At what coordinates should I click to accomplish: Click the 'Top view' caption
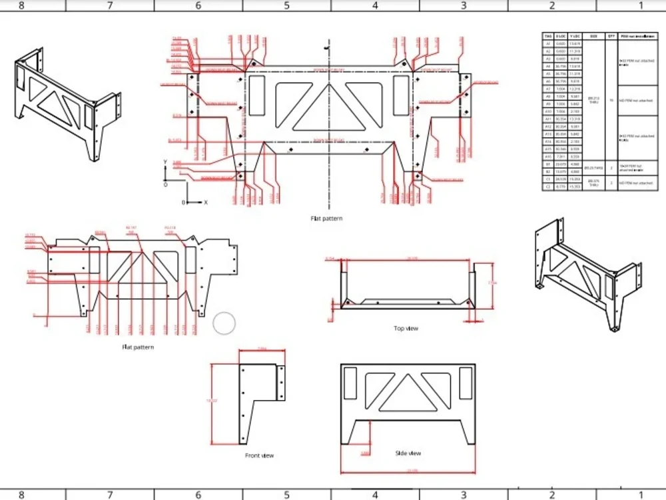(x=406, y=328)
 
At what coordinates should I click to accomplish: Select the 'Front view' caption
(x=259, y=455)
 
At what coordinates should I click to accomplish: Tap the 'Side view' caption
(x=408, y=453)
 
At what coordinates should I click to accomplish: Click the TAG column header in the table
(x=548, y=37)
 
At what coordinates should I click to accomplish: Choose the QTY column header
(x=611, y=37)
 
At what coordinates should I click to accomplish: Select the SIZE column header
(x=593, y=37)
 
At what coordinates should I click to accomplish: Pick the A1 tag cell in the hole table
(x=548, y=43)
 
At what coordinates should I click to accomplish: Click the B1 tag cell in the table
(x=548, y=164)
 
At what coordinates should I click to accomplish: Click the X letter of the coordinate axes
(x=206, y=201)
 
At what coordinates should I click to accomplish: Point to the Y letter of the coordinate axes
(x=165, y=162)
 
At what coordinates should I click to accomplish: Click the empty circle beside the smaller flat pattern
(x=224, y=323)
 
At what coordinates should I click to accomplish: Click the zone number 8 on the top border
(x=21, y=5)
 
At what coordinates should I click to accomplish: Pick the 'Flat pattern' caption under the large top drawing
(x=326, y=218)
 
